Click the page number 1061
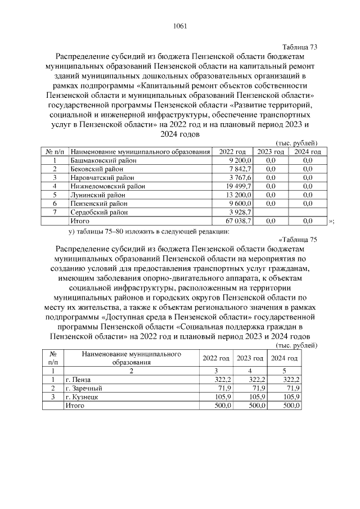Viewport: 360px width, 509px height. [180, 26]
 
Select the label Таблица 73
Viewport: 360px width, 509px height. [299, 47]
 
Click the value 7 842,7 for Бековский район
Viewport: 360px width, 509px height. [240, 169]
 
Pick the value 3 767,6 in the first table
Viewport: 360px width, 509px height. [240, 177]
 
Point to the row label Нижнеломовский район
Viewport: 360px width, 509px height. [107, 186]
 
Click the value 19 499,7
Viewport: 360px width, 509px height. [238, 186]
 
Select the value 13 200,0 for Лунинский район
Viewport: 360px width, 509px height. [238, 195]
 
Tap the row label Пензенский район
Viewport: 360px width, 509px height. [98, 204]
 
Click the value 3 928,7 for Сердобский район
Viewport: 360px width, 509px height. [240, 212]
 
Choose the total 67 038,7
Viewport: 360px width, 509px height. [238, 221]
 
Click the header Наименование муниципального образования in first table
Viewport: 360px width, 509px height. [141, 152]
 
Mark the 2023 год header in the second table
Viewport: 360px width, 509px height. [250, 358]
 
